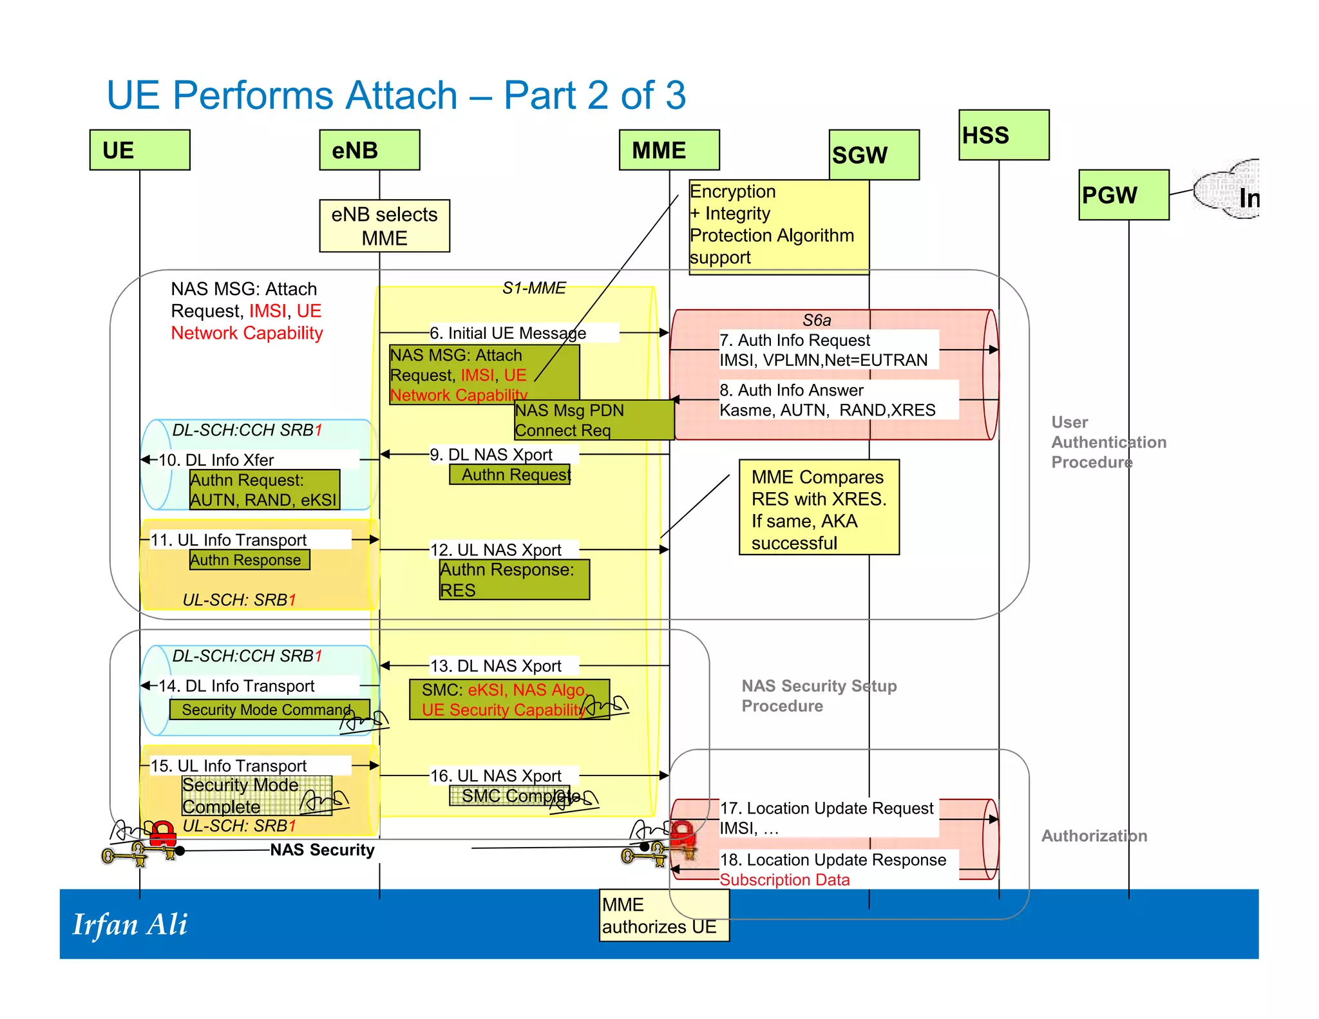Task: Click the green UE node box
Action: pyautogui.click(x=140, y=150)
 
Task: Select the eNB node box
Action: pyautogui.click(x=370, y=150)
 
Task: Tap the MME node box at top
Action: pyautogui.click(x=669, y=150)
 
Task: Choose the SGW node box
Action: pyautogui.click(x=874, y=155)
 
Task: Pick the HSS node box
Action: pyautogui.click(x=1003, y=135)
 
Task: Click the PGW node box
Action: pyautogui.click(x=1124, y=195)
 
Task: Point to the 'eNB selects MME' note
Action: pyautogui.click(x=384, y=226)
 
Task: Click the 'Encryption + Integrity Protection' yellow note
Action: pyautogui.click(x=779, y=226)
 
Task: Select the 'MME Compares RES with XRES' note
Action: pyautogui.click(x=819, y=508)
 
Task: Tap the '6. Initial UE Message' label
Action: pyautogui.click(x=508, y=333)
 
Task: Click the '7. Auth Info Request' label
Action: pyautogui.click(x=794, y=340)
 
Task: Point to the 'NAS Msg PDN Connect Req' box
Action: pyautogui.click(x=593, y=420)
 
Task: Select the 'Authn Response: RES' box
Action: pyautogui.click(x=514, y=580)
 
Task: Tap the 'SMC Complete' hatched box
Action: pyautogui.click(x=509, y=796)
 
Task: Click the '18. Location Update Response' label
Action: pyautogui.click(x=833, y=860)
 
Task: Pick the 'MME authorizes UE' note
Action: pyautogui.click(x=663, y=916)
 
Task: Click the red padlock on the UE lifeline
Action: pyautogui.click(x=162, y=833)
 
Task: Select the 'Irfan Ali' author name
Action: pyautogui.click(x=130, y=925)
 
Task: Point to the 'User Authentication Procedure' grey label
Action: pyautogui.click(x=1108, y=442)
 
